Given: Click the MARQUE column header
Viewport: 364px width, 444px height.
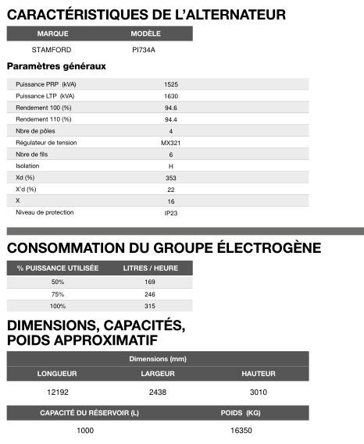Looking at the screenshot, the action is pyautogui.click(x=52, y=34).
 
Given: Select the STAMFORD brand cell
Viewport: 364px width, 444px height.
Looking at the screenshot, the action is pyautogui.click(x=52, y=49).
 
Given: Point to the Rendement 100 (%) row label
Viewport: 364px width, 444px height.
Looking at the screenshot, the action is pyautogui.click(x=44, y=107).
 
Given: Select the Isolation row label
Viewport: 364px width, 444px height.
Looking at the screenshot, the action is pyautogui.click(x=27, y=165).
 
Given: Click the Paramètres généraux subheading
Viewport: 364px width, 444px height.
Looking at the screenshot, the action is pyautogui.click(x=56, y=66).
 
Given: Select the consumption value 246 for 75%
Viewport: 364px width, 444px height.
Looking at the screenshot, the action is pyautogui.click(x=151, y=293).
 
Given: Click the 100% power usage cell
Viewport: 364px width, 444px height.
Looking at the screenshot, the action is pyautogui.click(x=58, y=305).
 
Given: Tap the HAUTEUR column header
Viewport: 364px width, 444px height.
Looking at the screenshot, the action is pyautogui.click(x=259, y=374).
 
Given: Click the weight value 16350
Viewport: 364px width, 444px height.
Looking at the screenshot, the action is pyautogui.click(x=242, y=430).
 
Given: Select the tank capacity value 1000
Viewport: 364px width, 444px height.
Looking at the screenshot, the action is pyautogui.click(x=85, y=430).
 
